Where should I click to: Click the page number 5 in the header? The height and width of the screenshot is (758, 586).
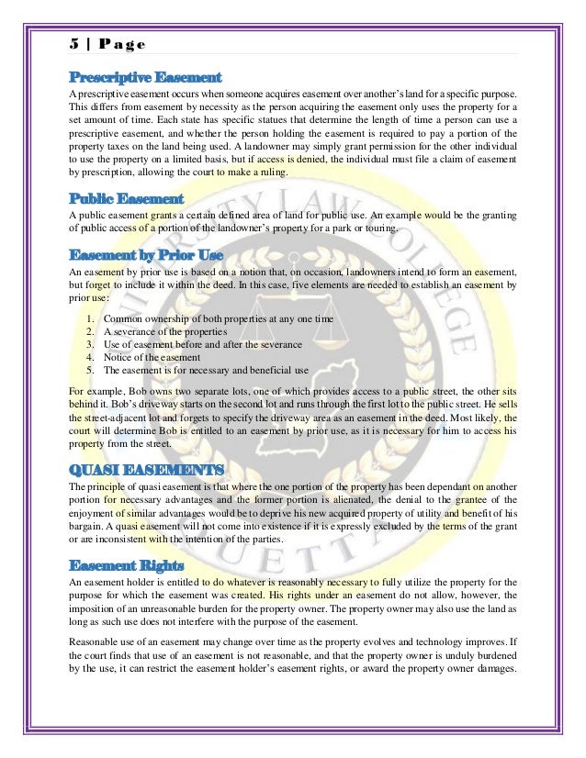(73, 43)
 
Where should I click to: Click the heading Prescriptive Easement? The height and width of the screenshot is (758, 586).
(145, 77)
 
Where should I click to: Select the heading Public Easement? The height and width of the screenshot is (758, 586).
(127, 197)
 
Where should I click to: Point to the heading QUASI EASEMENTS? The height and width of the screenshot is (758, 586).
(146, 470)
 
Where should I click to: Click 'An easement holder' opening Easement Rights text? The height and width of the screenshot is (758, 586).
(108, 583)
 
